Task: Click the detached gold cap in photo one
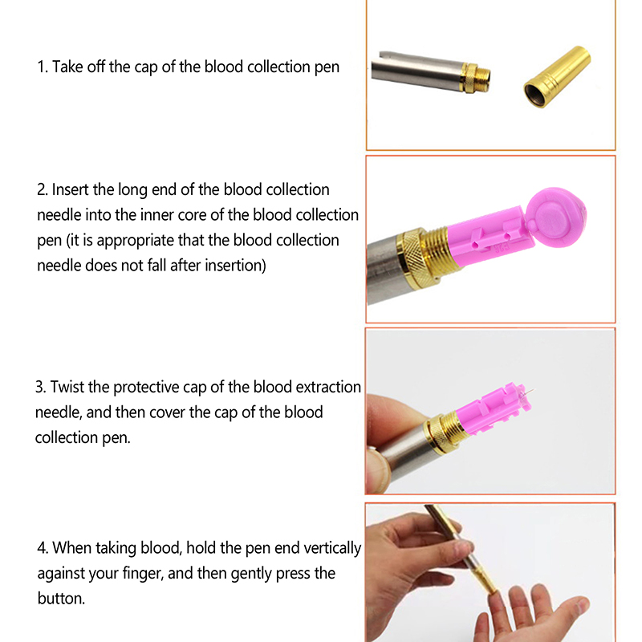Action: pos(558,76)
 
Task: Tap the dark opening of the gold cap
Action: pos(537,95)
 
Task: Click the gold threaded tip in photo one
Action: pos(477,78)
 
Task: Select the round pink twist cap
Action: pos(555,217)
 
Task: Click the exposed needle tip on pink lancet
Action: pos(530,391)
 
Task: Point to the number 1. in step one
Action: pos(43,67)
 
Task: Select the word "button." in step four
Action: pos(61,599)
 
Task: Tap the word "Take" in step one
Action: pos(67,67)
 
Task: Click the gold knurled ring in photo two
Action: pos(416,259)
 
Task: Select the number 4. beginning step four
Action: pos(43,549)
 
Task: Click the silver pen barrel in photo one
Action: pos(416,70)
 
